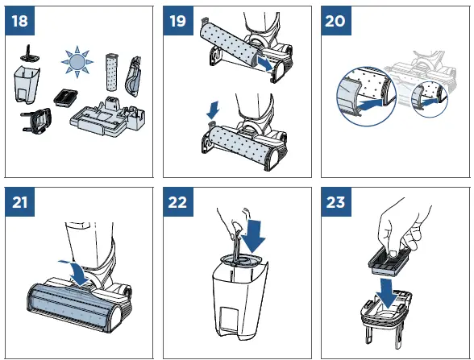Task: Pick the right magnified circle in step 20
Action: pos(426,100)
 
